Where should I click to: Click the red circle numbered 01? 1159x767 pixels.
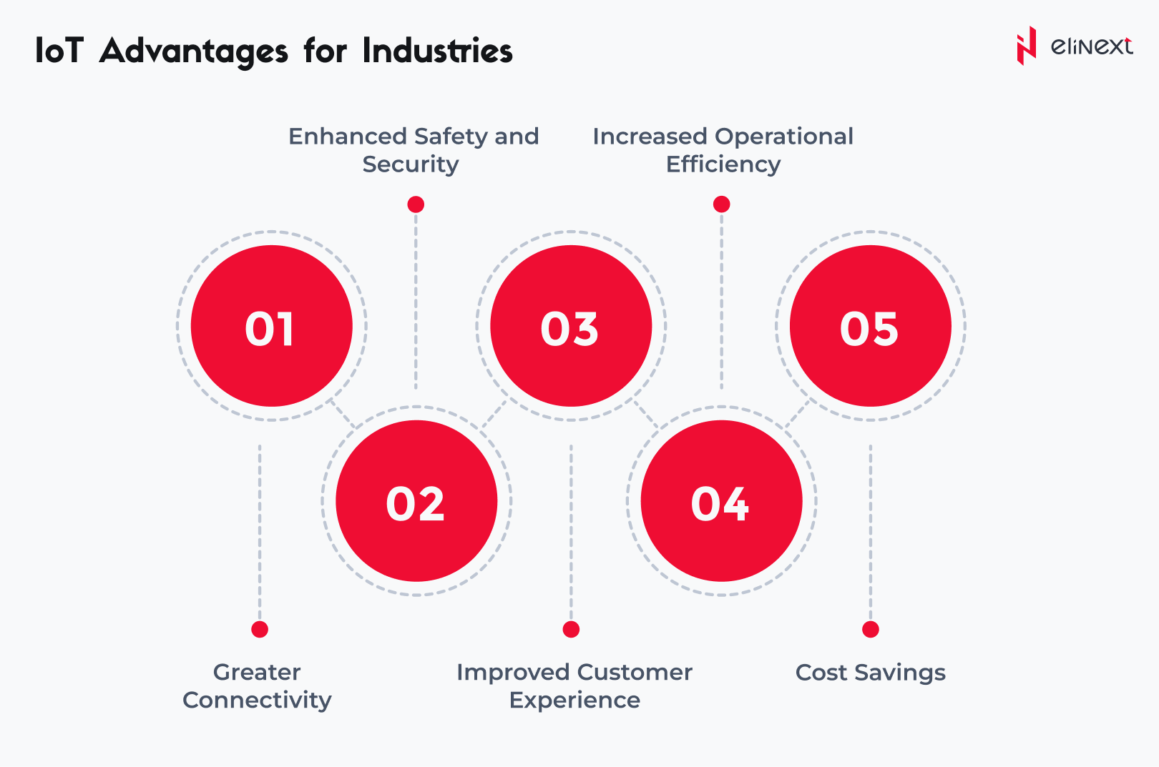click(x=272, y=326)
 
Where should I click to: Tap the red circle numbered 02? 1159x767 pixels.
click(x=416, y=501)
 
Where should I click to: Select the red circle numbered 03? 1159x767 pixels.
click(x=571, y=326)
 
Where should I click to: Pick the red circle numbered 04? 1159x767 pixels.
click(x=721, y=501)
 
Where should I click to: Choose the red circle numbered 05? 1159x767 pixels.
click(x=870, y=326)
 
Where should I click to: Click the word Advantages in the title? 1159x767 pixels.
click(x=194, y=51)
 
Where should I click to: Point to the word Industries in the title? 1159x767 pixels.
click(x=437, y=51)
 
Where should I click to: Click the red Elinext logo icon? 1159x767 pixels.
click(x=1026, y=46)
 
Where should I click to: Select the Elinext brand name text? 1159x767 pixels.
click(x=1092, y=46)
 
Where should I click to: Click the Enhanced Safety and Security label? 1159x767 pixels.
click(x=413, y=150)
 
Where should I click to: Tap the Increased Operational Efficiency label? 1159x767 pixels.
click(x=723, y=150)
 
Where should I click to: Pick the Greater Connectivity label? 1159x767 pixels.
click(x=258, y=686)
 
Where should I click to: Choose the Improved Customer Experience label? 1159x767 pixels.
click(x=574, y=686)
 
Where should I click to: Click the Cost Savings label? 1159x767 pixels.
click(x=870, y=673)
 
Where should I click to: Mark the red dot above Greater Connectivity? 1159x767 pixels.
click(x=260, y=629)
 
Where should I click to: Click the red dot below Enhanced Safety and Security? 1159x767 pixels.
click(x=416, y=204)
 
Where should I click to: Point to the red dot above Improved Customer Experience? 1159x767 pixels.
click(x=571, y=629)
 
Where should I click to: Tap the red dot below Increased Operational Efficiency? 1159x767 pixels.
click(x=721, y=204)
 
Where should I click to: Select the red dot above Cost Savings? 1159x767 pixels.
click(x=870, y=629)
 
